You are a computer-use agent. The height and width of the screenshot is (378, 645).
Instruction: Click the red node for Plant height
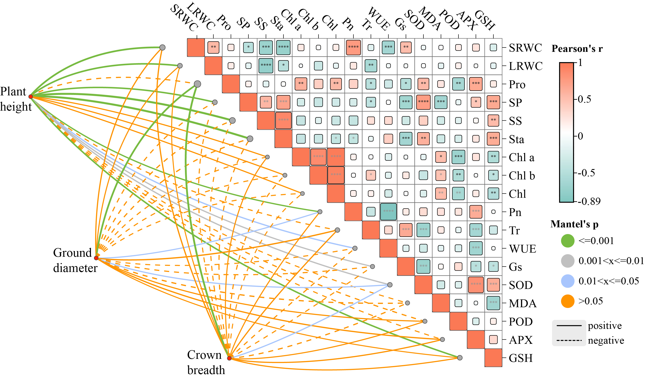[30, 96]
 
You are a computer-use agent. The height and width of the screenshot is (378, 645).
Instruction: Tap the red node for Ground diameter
[96, 258]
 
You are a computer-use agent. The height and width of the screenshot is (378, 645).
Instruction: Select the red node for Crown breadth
[229, 358]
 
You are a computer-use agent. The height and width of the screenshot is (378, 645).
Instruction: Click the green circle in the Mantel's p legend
[568, 241]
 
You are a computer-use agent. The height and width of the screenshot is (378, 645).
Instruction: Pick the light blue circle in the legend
[568, 281]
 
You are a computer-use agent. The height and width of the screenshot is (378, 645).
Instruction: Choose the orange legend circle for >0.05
[568, 301]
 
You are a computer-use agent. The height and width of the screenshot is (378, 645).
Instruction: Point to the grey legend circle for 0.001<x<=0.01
[568, 261]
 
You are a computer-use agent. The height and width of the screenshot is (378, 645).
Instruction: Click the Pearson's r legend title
[577, 48]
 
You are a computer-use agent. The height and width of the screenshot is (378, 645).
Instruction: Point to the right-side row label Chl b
[522, 176]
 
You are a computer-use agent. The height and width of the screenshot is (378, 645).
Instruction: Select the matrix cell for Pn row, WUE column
[388, 212]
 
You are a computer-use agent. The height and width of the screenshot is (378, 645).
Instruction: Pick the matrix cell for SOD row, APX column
[476, 285]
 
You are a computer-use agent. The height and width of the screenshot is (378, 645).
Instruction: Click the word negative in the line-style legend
[606, 340]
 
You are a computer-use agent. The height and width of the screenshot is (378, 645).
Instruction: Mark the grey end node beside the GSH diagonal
[460, 358]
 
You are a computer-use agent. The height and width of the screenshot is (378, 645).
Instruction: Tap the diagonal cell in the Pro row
[231, 84]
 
